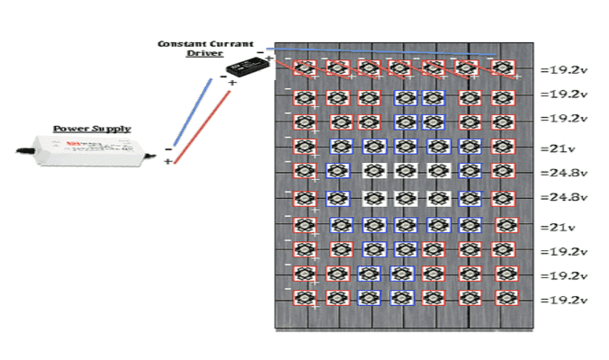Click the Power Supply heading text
pyautogui.click(x=91, y=129)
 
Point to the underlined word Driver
pyautogui.click(x=204, y=53)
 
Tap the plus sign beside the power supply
pyautogui.click(x=168, y=161)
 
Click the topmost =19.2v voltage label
pyautogui.click(x=563, y=68)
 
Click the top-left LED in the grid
pyautogui.click(x=304, y=67)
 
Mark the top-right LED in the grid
pyautogui.click(x=503, y=67)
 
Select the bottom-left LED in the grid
pyautogui.click(x=304, y=295)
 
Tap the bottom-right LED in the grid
pyautogui.click(x=503, y=295)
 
